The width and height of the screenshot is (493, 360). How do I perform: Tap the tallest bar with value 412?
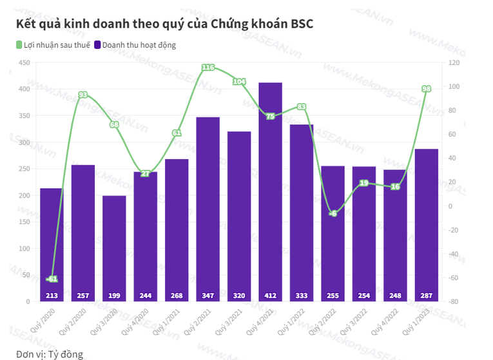point(270,193)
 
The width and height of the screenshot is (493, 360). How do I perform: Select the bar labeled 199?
point(114,248)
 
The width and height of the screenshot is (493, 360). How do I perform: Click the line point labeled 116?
point(208,68)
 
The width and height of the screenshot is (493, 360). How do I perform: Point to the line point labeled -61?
point(52,279)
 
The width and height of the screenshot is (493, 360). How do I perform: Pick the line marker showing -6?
point(333,213)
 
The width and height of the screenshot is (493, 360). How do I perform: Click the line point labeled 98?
point(426,89)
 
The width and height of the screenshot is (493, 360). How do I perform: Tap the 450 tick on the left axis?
point(24,62)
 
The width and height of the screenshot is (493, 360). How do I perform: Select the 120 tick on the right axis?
point(454,62)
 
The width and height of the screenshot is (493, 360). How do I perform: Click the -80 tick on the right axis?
point(454,301)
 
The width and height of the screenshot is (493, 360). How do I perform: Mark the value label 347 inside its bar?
point(208,296)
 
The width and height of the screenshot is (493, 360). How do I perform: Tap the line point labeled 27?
point(145,174)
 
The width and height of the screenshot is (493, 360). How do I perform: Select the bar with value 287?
point(426,225)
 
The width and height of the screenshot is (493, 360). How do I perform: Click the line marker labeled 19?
point(363,184)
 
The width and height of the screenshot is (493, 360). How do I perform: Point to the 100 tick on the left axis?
point(24,249)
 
